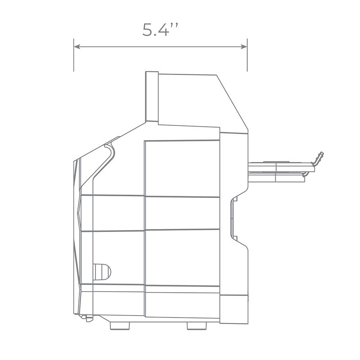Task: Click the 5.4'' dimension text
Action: point(160,30)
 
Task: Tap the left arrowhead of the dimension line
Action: point(76,47)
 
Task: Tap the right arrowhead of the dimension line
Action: point(244,47)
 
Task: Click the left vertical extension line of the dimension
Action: point(74,55)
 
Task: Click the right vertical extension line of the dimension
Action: point(247,55)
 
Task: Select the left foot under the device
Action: point(120,326)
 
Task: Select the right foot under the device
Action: point(197,326)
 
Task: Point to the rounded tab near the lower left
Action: point(102,272)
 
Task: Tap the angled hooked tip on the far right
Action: point(319,158)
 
